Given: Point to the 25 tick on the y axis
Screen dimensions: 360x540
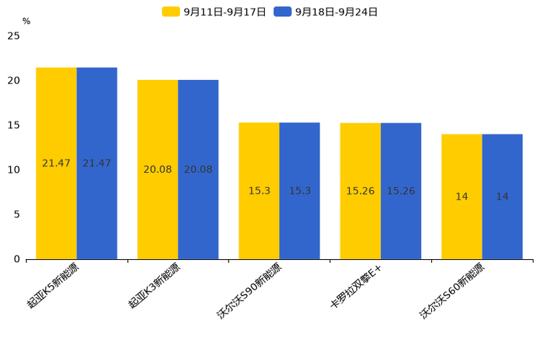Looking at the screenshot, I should pyautogui.click(x=14, y=36).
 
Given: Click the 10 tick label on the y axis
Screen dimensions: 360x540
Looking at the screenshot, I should pyautogui.click(x=14, y=170).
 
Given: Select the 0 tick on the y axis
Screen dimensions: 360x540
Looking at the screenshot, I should pyautogui.click(x=17, y=259).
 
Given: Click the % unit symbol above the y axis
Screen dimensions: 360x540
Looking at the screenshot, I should pyautogui.click(x=26, y=22).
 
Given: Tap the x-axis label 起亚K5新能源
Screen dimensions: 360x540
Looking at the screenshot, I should pyautogui.click(x=54, y=287).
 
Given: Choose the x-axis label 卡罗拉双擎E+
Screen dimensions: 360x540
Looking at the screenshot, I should pyautogui.click(x=356, y=287).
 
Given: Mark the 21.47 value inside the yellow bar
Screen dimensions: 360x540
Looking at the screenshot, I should pyautogui.click(x=57, y=163).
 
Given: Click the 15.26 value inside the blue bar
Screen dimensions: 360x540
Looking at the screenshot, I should pyautogui.click(x=401, y=191).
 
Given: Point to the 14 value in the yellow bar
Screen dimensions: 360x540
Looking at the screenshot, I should pyautogui.click(x=462, y=197).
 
